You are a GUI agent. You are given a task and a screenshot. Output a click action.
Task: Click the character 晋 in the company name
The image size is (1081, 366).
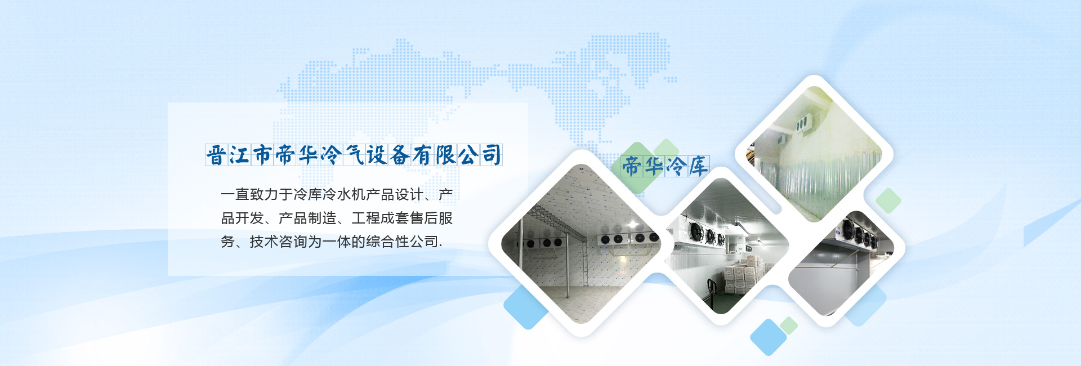click(x=216, y=155)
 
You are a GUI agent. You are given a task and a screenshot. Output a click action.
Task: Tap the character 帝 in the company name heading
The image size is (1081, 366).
click(x=285, y=155)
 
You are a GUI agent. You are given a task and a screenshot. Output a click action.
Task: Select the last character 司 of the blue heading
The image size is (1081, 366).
click(x=492, y=155)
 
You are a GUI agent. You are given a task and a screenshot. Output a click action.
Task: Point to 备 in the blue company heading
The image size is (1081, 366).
click(x=400, y=155)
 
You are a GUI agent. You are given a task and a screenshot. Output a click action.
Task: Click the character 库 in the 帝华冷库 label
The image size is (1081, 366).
click(x=698, y=167)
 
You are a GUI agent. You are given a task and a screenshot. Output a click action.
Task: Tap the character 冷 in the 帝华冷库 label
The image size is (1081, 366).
click(x=676, y=167)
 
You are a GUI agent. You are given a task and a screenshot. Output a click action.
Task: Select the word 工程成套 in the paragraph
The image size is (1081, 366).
click(x=381, y=218)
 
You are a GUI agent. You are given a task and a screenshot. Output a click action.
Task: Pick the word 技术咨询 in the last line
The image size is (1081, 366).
click(x=279, y=242)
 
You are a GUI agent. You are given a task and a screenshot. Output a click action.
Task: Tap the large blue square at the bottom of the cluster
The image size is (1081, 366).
click(x=769, y=337)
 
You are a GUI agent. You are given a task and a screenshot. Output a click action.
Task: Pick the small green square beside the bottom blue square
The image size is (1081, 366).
click(x=789, y=325)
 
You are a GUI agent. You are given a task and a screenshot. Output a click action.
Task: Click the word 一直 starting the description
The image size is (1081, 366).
click(x=235, y=195)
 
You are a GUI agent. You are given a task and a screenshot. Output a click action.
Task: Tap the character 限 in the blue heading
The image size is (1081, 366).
click(x=445, y=155)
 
